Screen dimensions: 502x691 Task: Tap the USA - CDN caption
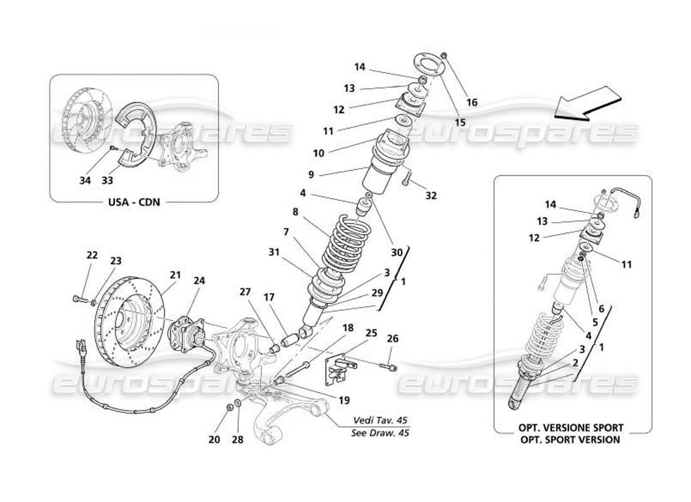click(x=133, y=203)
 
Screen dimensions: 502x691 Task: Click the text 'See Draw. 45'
click(x=380, y=433)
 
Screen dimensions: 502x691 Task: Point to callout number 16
click(x=472, y=102)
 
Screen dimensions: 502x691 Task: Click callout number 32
click(x=430, y=195)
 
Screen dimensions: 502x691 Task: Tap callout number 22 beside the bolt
click(x=92, y=255)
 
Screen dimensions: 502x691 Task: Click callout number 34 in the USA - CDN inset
click(x=85, y=181)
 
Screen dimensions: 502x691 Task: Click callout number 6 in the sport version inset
click(x=601, y=308)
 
